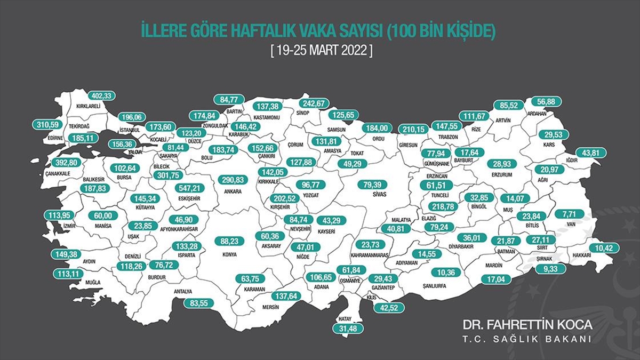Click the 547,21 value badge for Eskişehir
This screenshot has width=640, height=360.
(x=194, y=188)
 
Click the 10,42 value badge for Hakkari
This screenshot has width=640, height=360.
(x=604, y=247)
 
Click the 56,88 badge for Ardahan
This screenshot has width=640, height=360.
(x=544, y=102)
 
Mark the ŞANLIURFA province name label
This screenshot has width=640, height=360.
(x=433, y=285)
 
